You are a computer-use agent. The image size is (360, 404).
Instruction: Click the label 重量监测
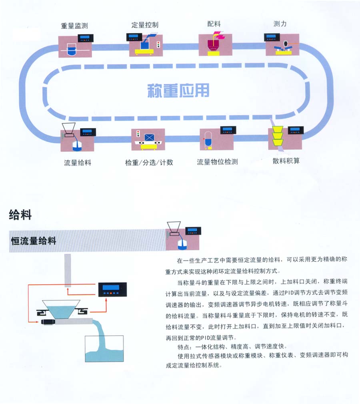click(x=74, y=26)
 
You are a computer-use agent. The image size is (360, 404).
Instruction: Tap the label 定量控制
click(x=145, y=25)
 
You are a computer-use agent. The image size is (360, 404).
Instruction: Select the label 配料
click(x=214, y=24)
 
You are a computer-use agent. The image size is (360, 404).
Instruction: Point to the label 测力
click(x=280, y=24)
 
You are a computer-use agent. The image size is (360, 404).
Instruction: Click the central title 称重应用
click(x=178, y=90)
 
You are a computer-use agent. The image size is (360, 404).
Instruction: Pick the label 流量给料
click(x=78, y=163)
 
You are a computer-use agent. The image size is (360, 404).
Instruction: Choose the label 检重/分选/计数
click(x=149, y=162)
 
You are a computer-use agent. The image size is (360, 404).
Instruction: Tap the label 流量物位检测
click(x=218, y=162)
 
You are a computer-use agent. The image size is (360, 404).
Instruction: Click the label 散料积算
click(x=286, y=161)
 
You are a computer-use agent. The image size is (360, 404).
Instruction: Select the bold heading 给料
click(x=20, y=215)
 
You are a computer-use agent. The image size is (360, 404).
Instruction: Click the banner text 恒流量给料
click(x=34, y=241)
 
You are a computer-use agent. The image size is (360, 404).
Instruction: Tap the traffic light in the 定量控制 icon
click(x=158, y=44)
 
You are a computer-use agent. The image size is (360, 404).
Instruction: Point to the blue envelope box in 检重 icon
click(x=149, y=138)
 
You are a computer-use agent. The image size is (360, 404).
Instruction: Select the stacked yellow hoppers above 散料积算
click(x=278, y=136)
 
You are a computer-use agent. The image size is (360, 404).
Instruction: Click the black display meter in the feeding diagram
click(x=112, y=289)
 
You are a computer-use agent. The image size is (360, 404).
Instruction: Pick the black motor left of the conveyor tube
click(x=48, y=322)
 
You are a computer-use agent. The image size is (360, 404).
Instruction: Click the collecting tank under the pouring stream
click(x=104, y=349)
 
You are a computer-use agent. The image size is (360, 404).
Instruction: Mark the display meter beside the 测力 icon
click(x=272, y=38)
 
